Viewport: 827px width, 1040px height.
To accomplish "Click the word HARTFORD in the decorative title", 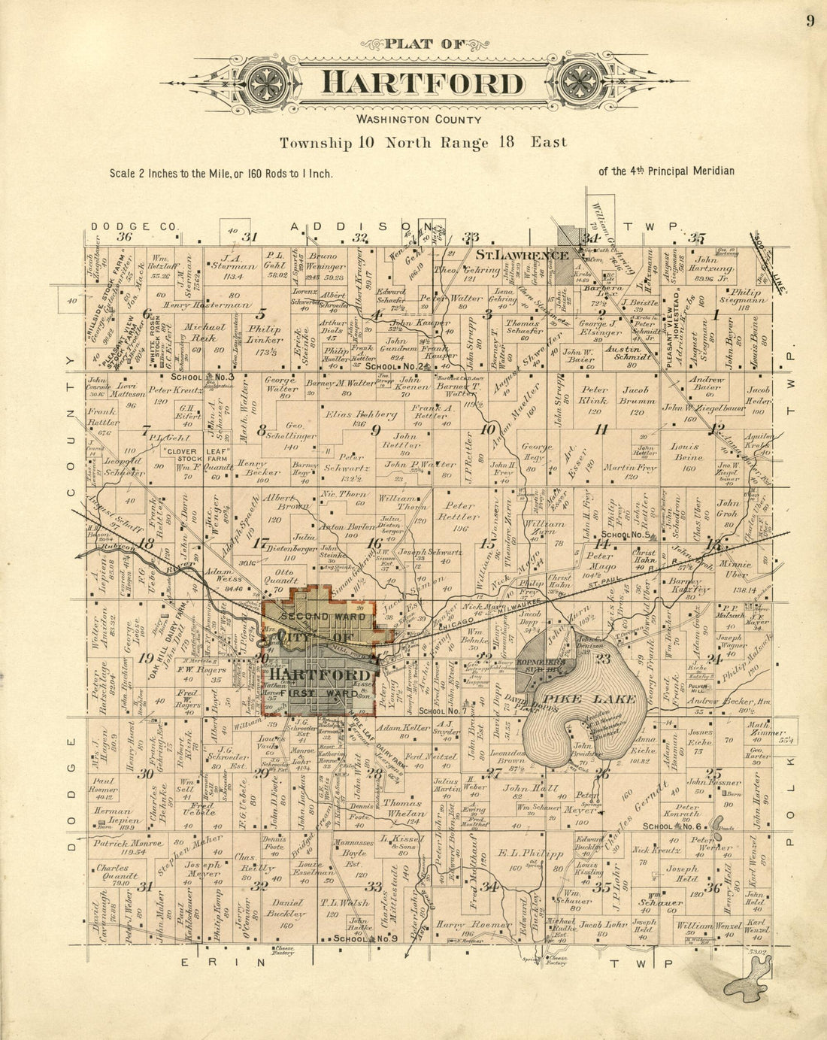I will tap(422, 82).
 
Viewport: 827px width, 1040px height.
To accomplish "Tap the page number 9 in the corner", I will tap(810, 21).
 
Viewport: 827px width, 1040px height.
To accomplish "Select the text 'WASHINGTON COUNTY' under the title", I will tap(419, 120).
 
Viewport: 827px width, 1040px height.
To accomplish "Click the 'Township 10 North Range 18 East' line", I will tap(423, 142).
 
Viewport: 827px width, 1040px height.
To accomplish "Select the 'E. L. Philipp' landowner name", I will tap(531, 854).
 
